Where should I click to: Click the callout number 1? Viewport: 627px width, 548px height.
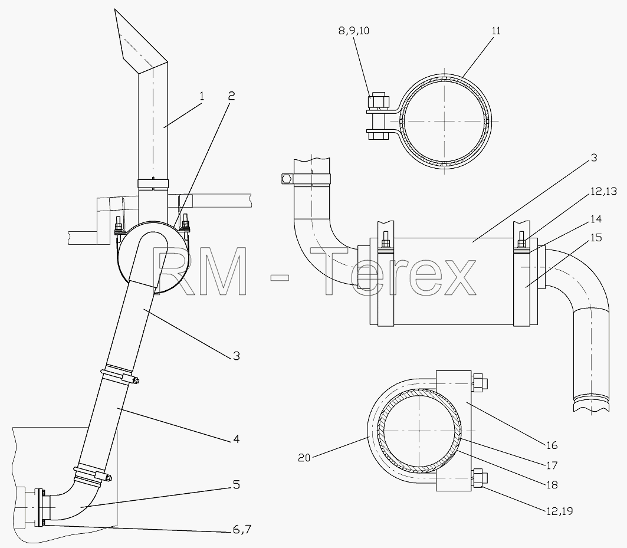pyautogui.click(x=202, y=96)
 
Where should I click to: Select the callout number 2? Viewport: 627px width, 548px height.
pyautogui.click(x=231, y=96)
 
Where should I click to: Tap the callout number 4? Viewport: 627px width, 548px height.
pyautogui.click(x=236, y=439)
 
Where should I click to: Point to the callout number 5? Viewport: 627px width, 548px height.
pyautogui.click(x=237, y=485)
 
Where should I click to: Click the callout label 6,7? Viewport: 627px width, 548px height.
pyautogui.click(x=242, y=530)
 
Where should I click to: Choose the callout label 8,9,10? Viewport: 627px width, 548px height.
pyautogui.click(x=354, y=31)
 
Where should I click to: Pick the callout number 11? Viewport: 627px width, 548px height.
pyautogui.click(x=496, y=31)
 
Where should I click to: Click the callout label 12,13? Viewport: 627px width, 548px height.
pyautogui.click(x=604, y=192)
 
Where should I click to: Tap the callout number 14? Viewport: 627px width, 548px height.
pyautogui.click(x=596, y=219)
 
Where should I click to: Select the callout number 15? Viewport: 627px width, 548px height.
pyautogui.click(x=596, y=238)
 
